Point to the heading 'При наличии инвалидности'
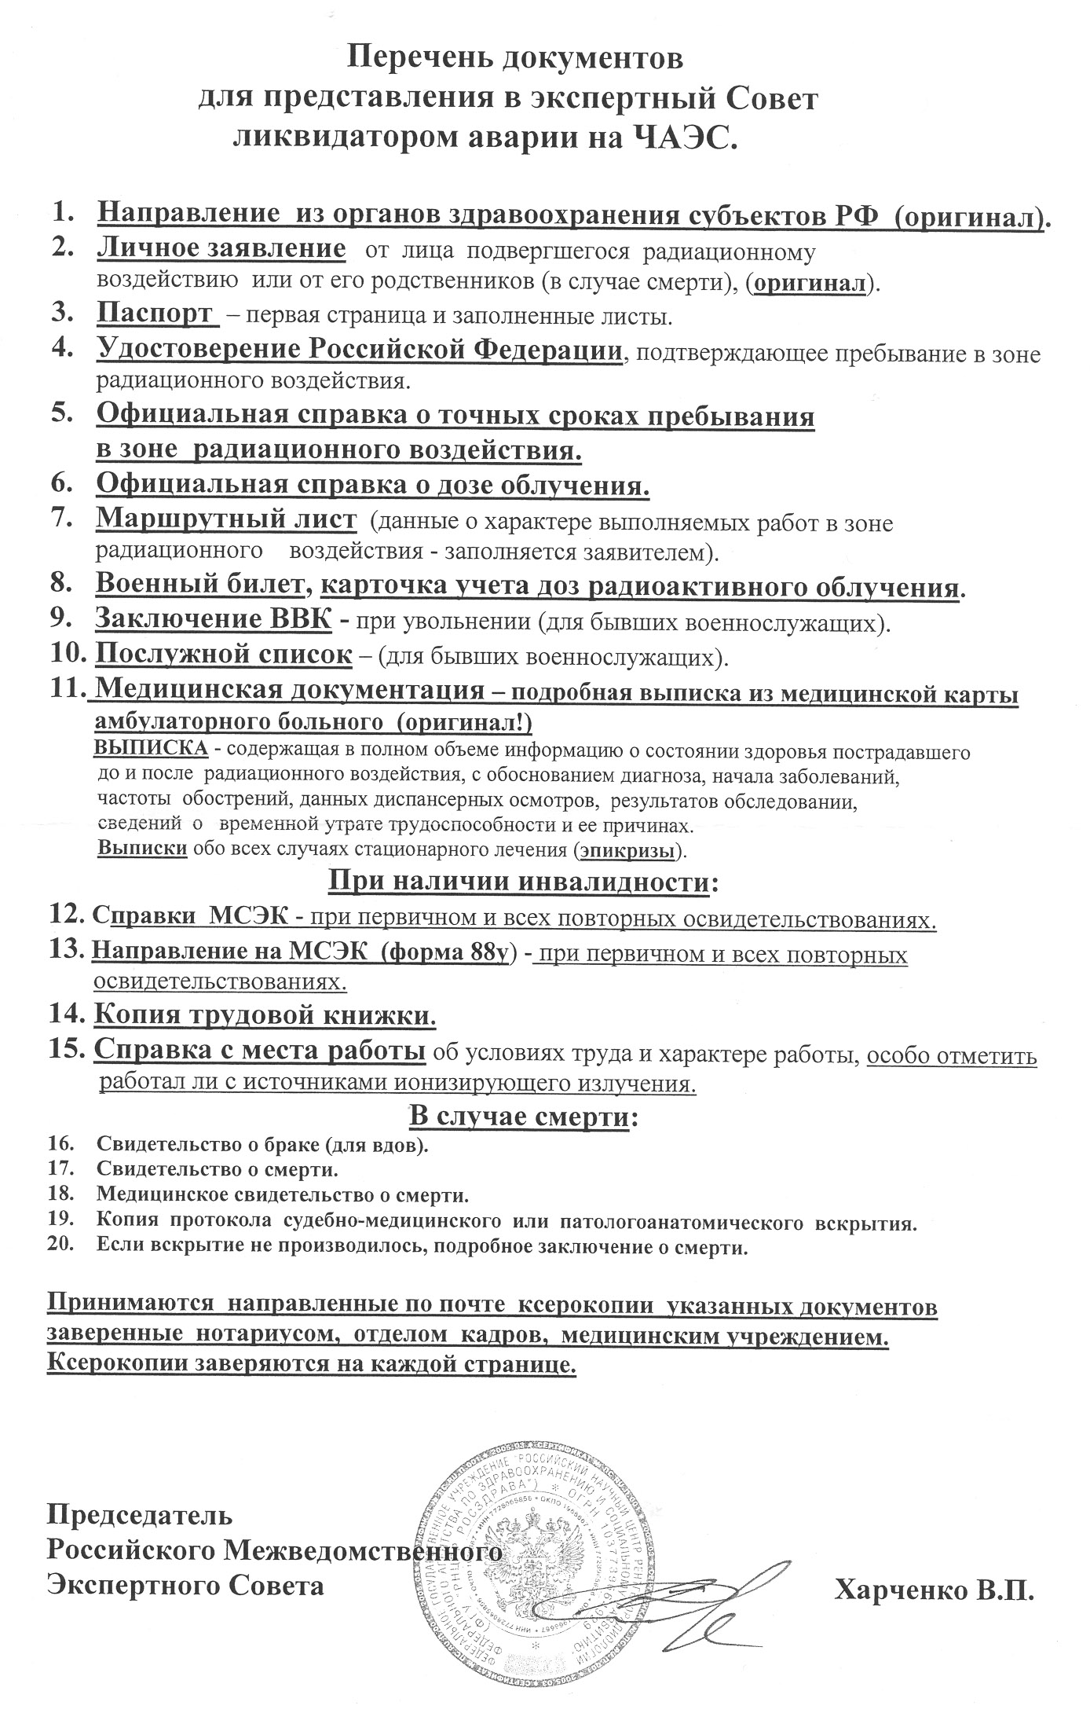522,882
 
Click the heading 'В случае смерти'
522,1117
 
